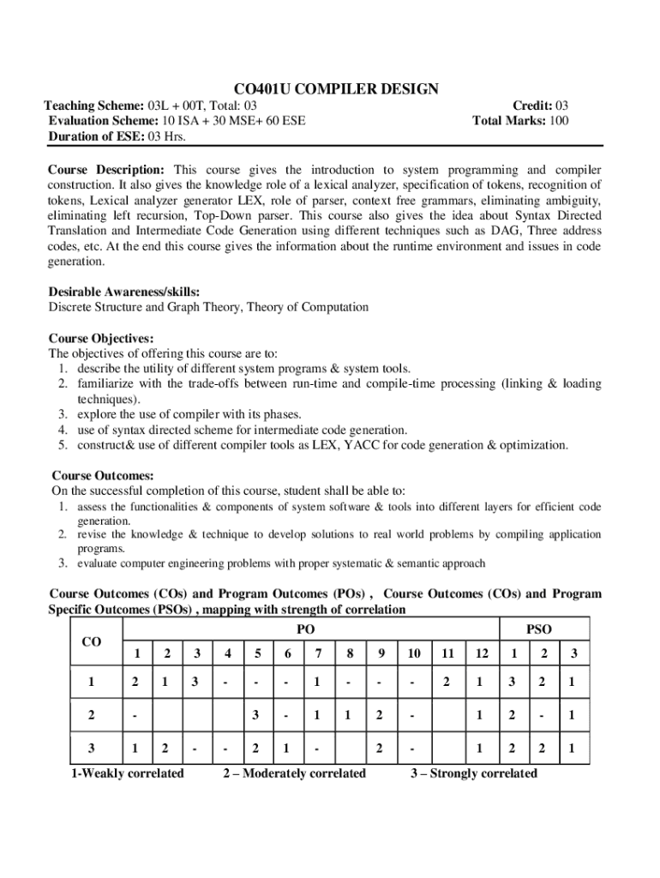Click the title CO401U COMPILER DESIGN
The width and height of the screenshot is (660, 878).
pos(336,89)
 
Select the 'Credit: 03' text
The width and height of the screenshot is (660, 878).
pos(540,105)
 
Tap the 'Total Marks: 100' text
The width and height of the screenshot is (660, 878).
pos(520,121)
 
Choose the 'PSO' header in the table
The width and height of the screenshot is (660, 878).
pos(538,629)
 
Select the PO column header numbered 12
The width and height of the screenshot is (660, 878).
pos(482,653)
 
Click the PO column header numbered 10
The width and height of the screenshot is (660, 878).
pos(414,653)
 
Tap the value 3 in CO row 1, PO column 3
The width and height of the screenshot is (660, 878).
pos(196,682)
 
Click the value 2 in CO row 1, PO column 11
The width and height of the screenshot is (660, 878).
pos(446,682)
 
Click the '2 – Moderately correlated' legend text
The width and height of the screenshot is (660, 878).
pos(294,773)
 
